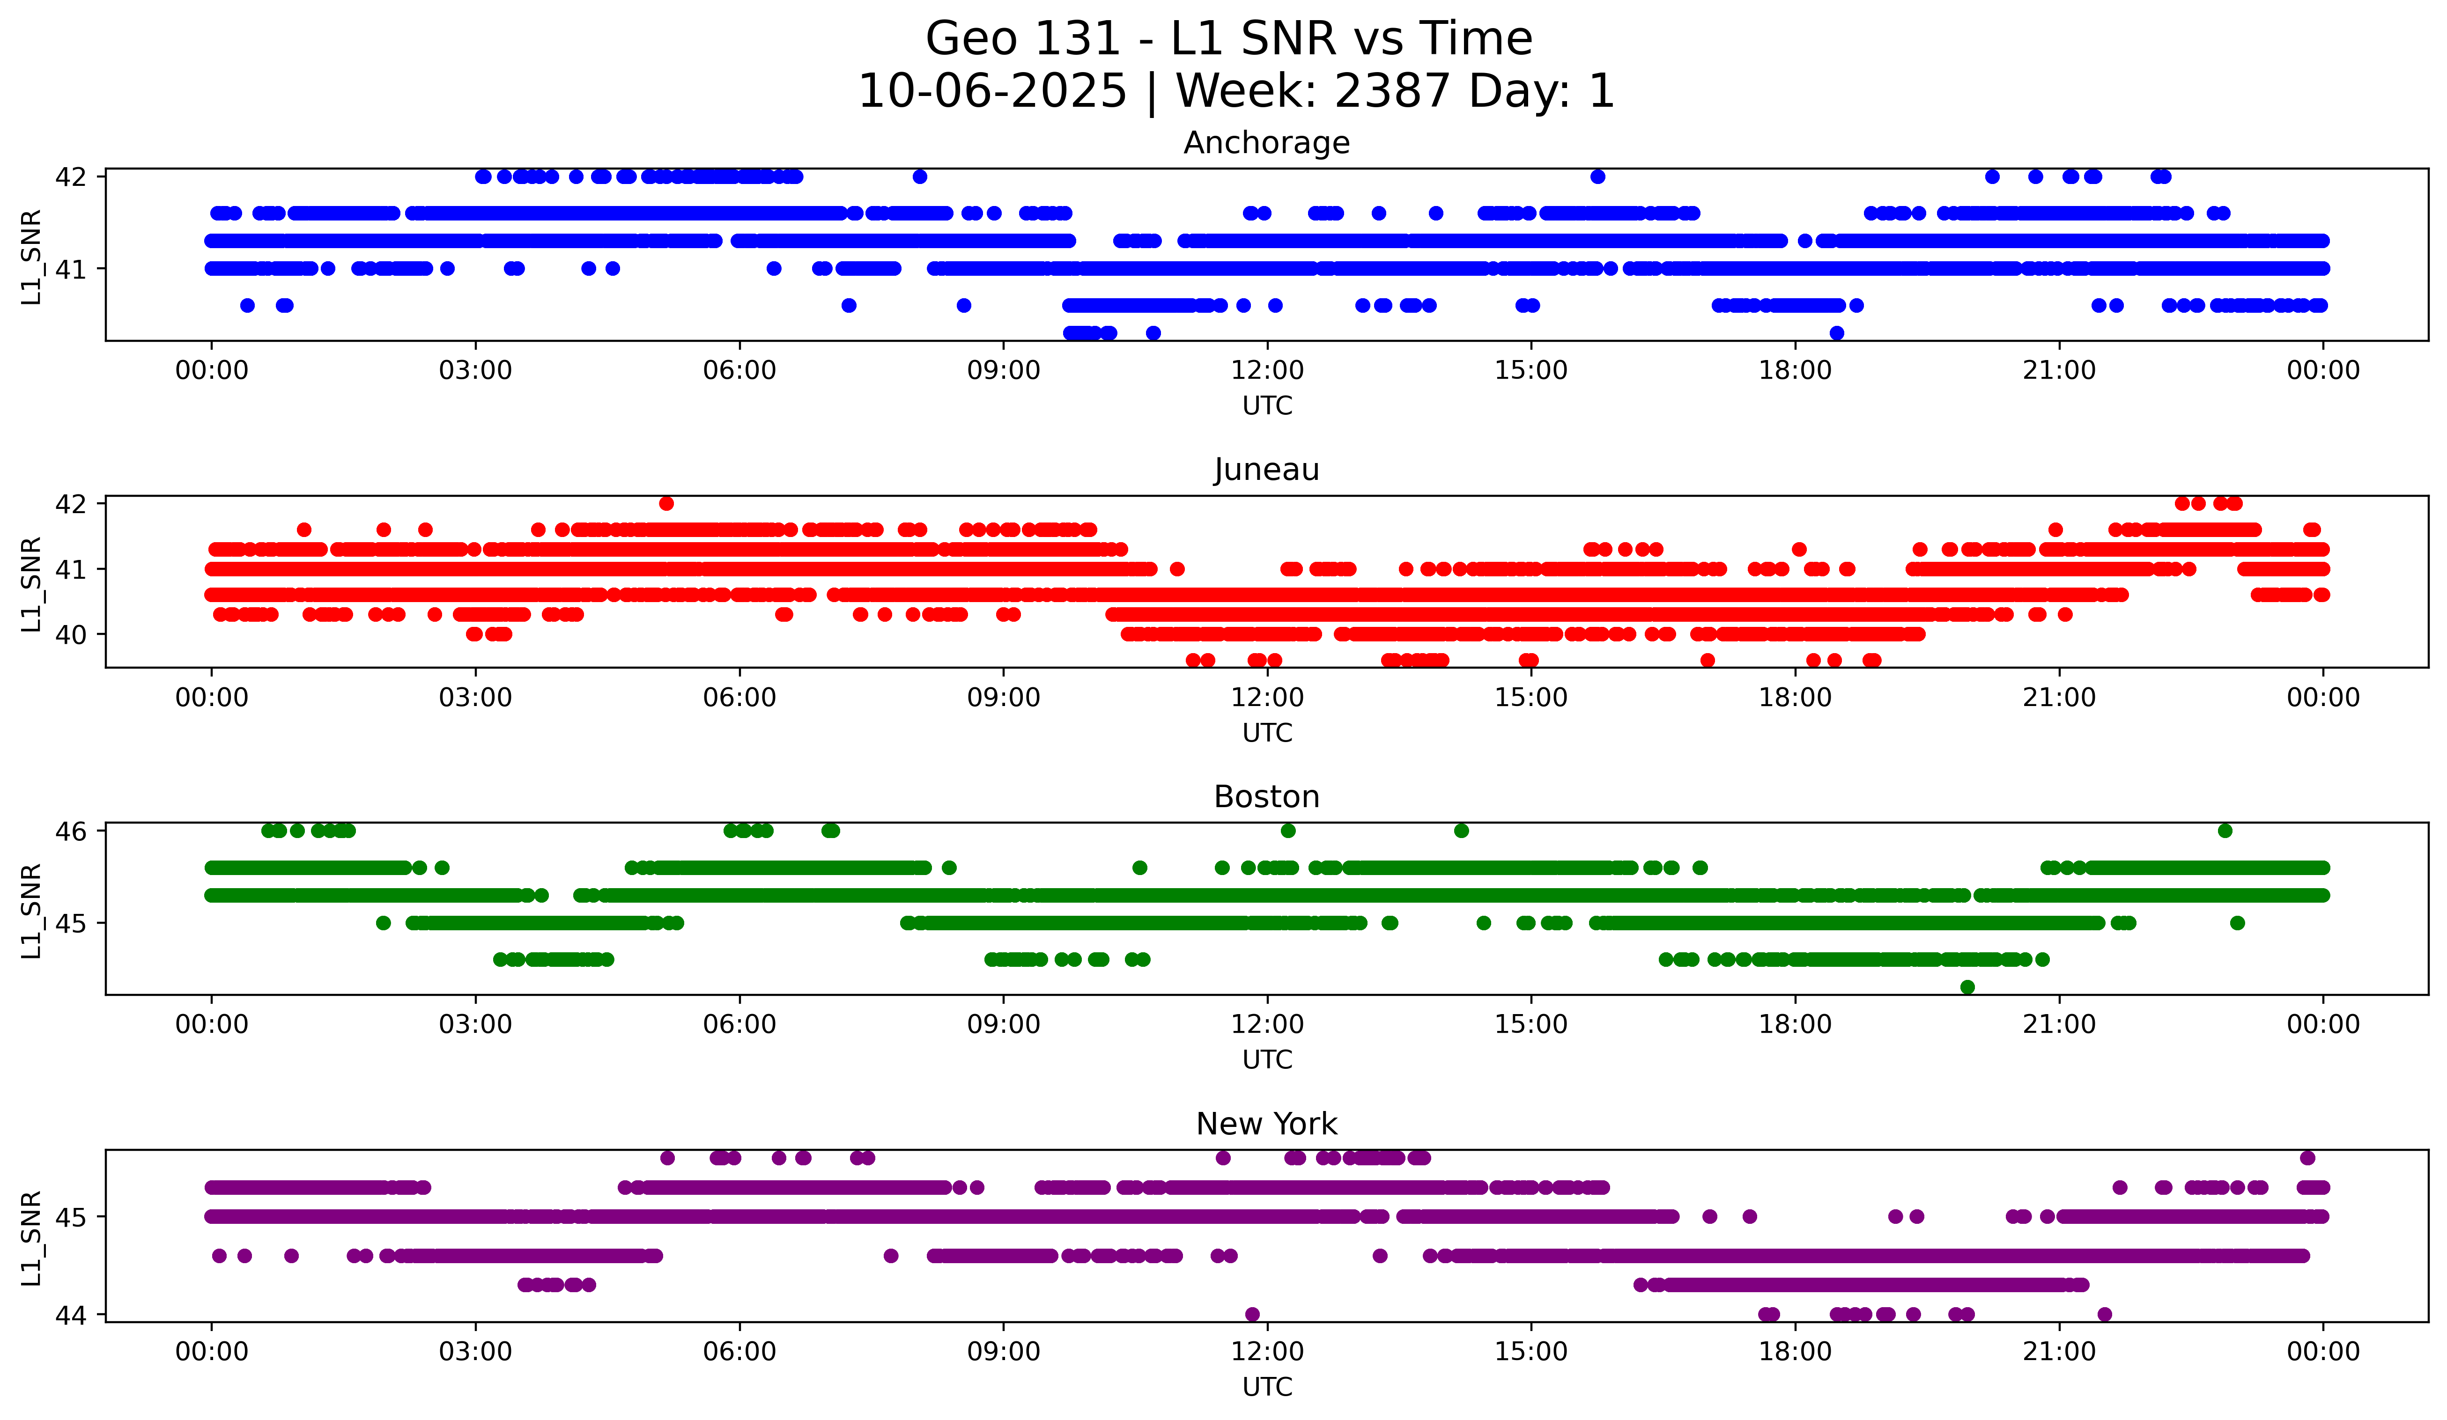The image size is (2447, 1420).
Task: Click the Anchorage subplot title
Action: pyautogui.click(x=1266, y=143)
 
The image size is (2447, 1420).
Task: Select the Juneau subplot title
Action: pyautogui.click(x=1266, y=470)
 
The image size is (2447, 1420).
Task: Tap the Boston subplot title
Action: pyautogui.click(x=1266, y=797)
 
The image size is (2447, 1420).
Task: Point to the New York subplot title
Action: pyautogui.click(x=1266, y=1124)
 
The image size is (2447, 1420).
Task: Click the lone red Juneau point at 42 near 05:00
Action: pyautogui.click(x=666, y=503)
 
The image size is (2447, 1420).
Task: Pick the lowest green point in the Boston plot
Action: pyautogui.click(x=1967, y=987)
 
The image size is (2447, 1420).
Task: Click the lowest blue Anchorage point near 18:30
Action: pyautogui.click(x=1836, y=333)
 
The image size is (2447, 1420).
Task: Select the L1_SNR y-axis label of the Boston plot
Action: pyautogui.click(x=31, y=911)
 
